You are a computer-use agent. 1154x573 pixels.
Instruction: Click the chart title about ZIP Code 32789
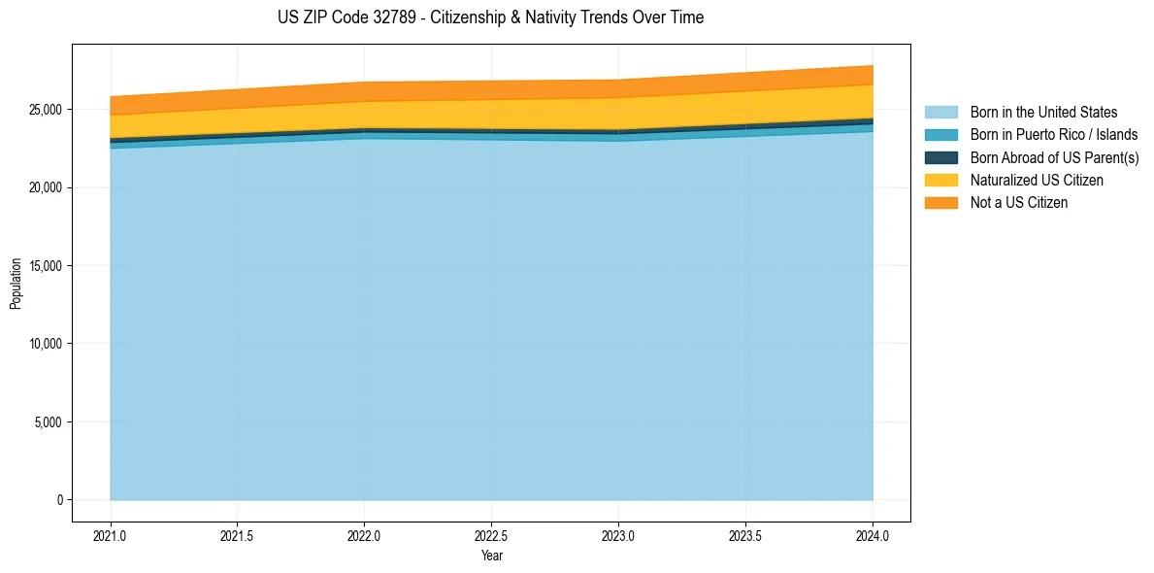coord(490,17)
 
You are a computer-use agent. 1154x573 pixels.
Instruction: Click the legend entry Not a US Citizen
coord(1019,202)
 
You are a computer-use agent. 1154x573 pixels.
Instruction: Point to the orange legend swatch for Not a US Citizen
coord(940,202)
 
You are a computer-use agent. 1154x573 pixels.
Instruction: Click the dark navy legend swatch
coord(940,157)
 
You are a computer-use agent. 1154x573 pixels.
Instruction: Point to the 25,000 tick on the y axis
coord(46,110)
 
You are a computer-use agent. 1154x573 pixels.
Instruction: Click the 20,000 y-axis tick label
coord(46,187)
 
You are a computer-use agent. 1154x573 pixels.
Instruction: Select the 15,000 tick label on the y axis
coord(46,266)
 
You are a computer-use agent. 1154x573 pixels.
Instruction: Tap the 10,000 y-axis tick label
coord(46,344)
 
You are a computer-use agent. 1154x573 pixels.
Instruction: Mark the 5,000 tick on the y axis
coord(49,422)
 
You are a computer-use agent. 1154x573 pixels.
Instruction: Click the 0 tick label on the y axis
coord(59,500)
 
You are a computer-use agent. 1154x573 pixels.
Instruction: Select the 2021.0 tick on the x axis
coord(110,535)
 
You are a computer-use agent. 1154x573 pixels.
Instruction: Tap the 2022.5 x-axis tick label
coord(491,535)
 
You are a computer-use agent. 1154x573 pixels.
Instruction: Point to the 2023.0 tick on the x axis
coord(618,535)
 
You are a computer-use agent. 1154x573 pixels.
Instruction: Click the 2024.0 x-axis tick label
coord(873,535)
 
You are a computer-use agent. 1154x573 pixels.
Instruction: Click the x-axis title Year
coord(491,556)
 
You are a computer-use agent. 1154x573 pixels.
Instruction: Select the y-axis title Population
coord(16,284)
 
